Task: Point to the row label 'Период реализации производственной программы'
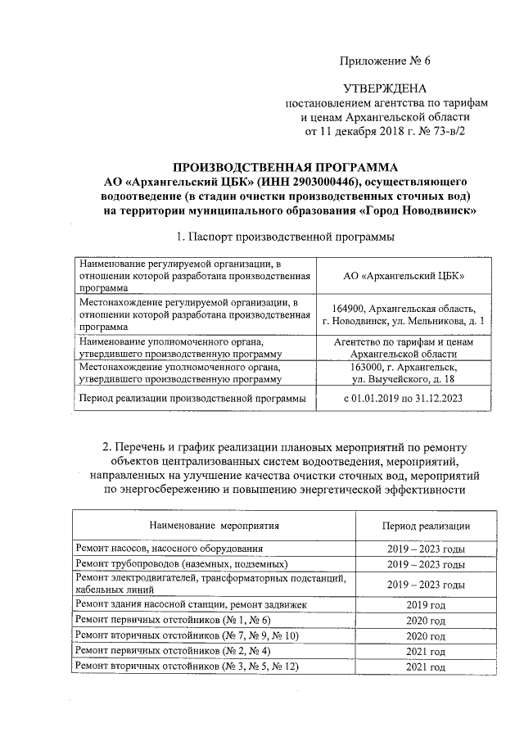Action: [191, 398]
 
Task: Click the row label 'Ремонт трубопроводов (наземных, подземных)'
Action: [181, 564]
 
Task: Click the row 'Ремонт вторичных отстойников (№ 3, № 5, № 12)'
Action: [187, 667]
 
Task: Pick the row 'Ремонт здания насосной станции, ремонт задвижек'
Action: [192, 604]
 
